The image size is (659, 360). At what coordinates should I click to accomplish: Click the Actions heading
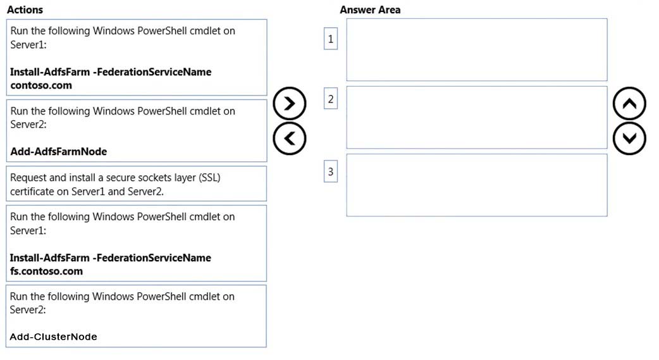pos(25,9)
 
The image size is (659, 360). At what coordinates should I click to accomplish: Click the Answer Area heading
pos(370,9)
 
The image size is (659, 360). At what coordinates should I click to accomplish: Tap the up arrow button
pos(629,104)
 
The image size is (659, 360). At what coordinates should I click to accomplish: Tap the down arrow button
pos(629,139)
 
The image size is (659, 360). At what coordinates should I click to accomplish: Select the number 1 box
pos(331,39)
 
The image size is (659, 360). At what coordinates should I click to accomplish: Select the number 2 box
pos(331,99)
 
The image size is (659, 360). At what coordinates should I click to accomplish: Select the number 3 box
pos(331,171)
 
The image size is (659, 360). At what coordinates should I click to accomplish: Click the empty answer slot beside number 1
pos(477,49)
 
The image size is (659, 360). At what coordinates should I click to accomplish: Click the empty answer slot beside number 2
pos(477,117)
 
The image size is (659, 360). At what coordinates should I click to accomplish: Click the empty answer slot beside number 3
pos(477,185)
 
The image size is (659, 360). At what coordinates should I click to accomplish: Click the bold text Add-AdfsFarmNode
pos(58,151)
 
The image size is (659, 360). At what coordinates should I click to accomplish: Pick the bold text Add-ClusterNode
pos(53,337)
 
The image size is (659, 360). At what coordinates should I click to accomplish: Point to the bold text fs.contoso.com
pos(46,271)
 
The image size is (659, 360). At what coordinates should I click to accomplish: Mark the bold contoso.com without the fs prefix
pos(41,85)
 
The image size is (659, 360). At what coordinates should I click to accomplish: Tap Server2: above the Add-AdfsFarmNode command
pos(28,124)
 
